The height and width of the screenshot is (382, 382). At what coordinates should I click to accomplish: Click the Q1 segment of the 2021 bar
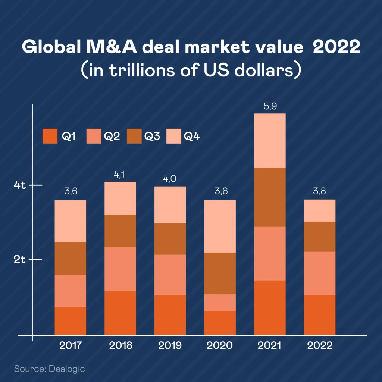[270, 307]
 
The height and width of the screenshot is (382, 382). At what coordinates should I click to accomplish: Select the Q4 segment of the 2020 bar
[220, 226]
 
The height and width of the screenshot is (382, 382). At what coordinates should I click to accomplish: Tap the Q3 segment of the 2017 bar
[70, 258]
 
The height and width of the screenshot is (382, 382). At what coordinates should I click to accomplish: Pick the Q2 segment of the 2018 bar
[120, 269]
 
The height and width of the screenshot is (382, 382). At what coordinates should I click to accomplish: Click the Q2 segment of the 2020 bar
[220, 303]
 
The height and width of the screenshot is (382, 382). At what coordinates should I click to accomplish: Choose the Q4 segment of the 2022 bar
[320, 210]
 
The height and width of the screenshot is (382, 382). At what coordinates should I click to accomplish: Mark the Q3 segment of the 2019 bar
[170, 239]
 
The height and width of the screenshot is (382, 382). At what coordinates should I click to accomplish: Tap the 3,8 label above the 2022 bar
[320, 192]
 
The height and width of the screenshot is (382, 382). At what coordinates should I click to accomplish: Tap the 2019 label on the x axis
[170, 345]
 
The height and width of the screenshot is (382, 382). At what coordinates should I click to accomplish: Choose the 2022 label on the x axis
[320, 345]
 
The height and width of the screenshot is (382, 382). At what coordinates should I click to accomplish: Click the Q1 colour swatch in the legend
[50, 137]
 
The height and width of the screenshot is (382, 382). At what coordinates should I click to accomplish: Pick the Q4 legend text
[192, 137]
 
